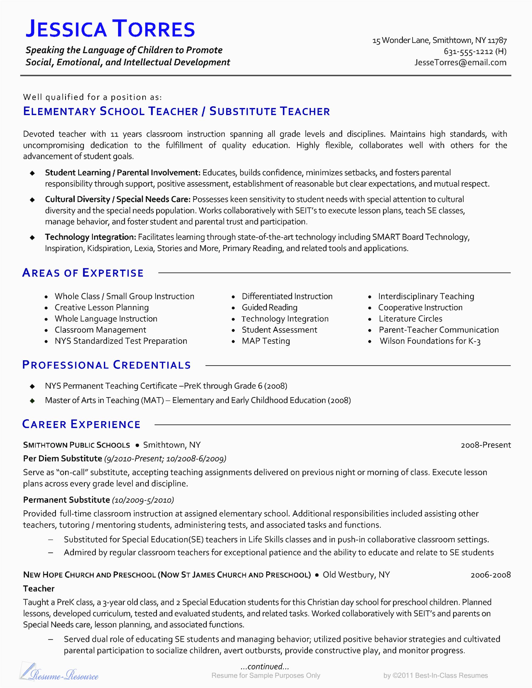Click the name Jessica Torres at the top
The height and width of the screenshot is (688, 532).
(110, 29)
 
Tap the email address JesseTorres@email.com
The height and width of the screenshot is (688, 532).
(460, 62)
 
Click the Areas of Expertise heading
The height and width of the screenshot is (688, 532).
(83, 273)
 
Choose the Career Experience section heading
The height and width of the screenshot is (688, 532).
(81, 424)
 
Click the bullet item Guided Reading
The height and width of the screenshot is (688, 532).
(269, 307)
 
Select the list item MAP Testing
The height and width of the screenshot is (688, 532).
(265, 341)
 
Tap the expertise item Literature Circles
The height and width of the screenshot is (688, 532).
(410, 319)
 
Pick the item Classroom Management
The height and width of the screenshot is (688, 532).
(100, 330)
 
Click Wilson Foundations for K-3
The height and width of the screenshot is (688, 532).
(430, 341)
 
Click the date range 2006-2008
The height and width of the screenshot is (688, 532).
(490, 575)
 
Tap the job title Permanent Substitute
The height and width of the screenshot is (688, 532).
(66, 500)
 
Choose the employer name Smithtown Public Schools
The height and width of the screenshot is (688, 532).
(76, 445)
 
